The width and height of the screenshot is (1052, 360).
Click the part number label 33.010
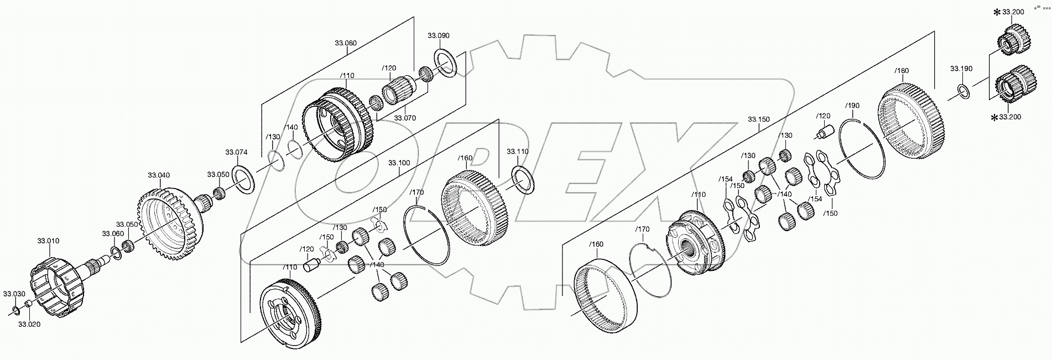point(48,241)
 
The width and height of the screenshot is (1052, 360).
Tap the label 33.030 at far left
point(14,294)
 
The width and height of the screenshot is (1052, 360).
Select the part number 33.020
point(29,325)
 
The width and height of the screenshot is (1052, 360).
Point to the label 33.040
point(159,175)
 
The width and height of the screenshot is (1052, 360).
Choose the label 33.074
point(236,152)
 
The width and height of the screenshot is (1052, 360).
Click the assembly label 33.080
point(345,43)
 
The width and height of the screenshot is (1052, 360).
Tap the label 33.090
point(438,35)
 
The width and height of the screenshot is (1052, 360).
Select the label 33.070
point(405,118)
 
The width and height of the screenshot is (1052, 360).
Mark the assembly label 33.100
point(398,163)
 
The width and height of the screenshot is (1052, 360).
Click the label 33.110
point(518,151)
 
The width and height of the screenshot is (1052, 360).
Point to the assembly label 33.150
point(759,119)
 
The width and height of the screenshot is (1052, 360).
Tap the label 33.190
point(961,69)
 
